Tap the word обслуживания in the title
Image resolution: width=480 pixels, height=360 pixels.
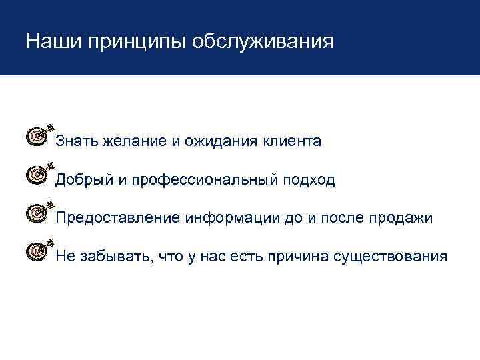click(x=262, y=43)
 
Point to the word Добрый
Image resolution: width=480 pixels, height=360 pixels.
click(x=81, y=181)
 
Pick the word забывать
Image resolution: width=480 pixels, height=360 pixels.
click(x=107, y=257)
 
